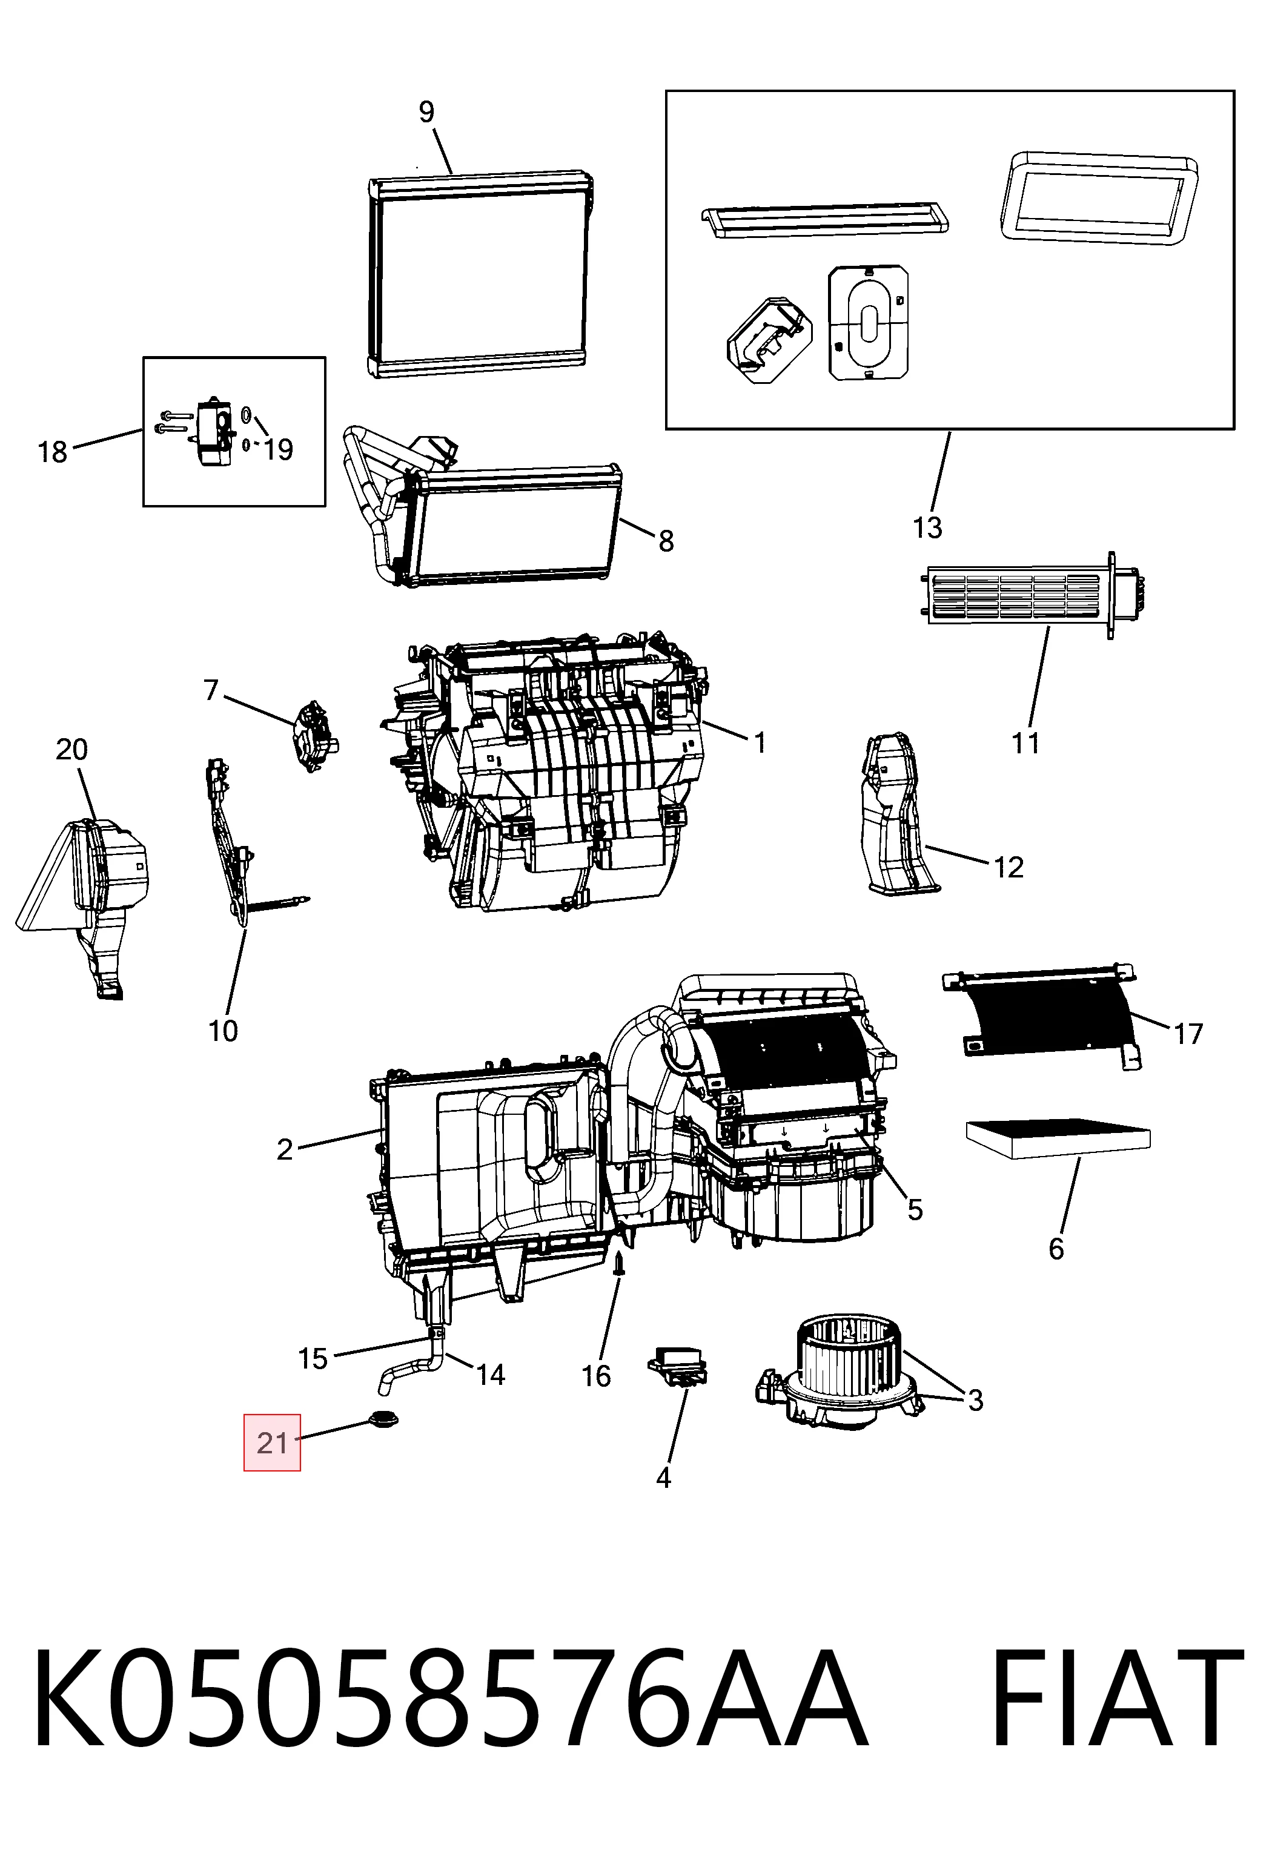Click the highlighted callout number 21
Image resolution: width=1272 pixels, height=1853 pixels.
(272, 1442)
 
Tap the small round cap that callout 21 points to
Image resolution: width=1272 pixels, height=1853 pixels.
(383, 1420)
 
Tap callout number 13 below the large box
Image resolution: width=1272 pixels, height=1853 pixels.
(927, 528)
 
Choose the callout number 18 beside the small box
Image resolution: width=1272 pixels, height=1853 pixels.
(53, 452)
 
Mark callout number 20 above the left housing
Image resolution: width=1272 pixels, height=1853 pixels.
(71, 750)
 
